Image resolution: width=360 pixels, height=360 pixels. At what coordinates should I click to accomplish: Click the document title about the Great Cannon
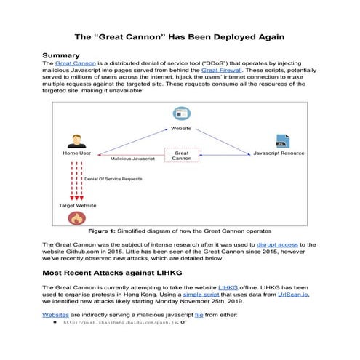[180, 36]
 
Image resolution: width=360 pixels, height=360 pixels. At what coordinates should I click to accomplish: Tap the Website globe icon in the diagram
[180, 113]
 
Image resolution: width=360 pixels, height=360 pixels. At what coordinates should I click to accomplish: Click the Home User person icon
[75, 140]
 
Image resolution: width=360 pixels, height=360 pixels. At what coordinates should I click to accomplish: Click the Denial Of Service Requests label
[113, 178]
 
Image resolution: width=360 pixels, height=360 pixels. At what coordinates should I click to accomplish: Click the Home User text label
[75, 154]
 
